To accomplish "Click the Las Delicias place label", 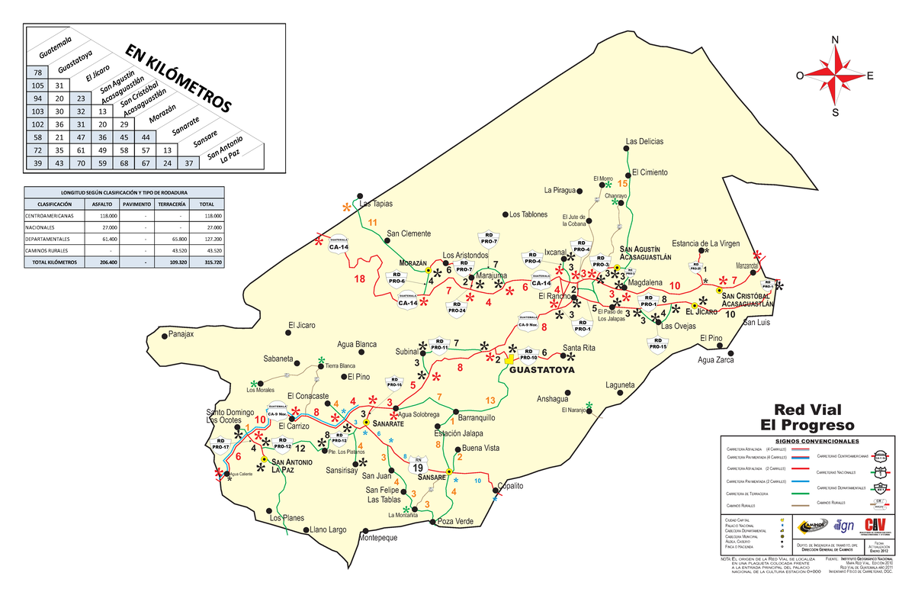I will pos(644,141).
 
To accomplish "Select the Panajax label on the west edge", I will pos(181,334).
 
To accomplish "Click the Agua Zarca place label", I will pos(716,360).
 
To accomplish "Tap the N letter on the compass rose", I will pos(836,40).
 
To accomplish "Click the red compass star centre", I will pos(836,76).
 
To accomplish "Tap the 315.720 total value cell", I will pos(206,262).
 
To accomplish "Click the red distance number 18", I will pos(360,279).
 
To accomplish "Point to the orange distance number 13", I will pos(490,401).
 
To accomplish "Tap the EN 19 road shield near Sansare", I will pos(417,465).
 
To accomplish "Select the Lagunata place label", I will pos(620,385).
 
